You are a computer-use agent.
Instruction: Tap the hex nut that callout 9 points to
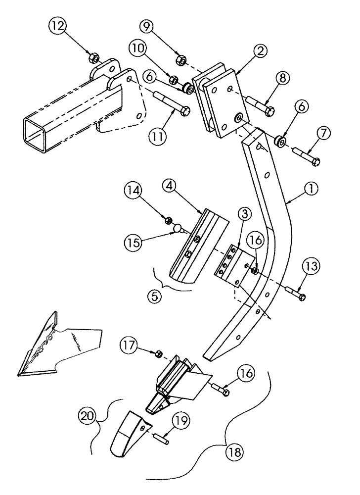coord(181,60)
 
